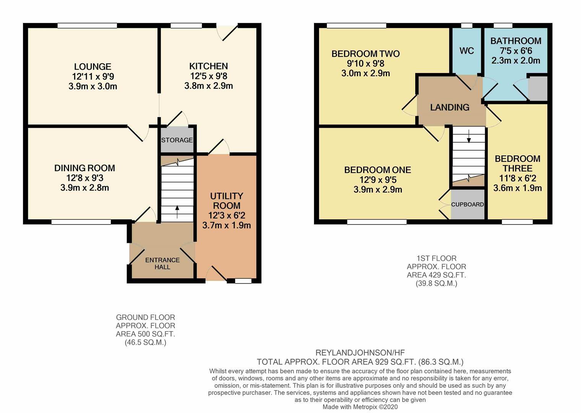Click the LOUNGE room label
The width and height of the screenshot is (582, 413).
(x=93, y=67)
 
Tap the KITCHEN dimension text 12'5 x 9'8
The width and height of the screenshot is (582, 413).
(x=209, y=76)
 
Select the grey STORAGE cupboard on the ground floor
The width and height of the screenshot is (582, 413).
(x=177, y=140)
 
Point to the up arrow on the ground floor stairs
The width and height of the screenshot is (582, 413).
(x=177, y=212)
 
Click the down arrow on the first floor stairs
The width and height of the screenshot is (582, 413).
(x=469, y=136)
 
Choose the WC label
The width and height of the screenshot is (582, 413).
(x=467, y=51)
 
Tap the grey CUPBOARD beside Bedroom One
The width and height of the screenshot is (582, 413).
(x=467, y=204)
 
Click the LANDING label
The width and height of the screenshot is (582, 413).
(x=450, y=107)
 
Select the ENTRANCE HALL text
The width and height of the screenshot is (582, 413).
(x=163, y=263)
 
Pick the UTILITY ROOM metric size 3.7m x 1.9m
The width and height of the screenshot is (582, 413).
(x=226, y=225)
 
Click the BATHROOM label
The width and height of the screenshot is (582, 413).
(x=516, y=41)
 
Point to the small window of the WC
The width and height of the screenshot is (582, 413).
(x=467, y=26)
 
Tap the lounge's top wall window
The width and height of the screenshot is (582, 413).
(x=87, y=26)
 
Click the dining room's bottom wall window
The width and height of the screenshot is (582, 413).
(x=81, y=222)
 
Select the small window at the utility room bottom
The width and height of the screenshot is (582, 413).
(x=243, y=281)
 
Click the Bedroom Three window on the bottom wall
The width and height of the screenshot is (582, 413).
(x=517, y=222)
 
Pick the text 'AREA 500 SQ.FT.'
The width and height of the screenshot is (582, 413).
(x=145, y=334)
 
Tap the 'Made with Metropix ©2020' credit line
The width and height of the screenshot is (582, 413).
(x=360, y=407)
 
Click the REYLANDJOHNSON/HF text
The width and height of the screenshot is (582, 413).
(x=360, y=353)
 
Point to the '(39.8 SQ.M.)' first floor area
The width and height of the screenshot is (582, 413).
(x=437, y=283)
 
